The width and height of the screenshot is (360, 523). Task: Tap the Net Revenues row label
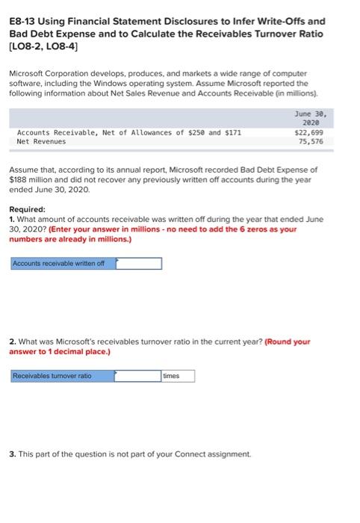[41, 141]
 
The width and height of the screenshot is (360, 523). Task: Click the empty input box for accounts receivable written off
[138, 262]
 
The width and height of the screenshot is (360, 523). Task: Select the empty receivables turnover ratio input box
[138, 376]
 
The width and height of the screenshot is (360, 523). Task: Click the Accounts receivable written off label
[58, 262]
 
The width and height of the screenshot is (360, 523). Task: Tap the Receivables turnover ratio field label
[52, 376]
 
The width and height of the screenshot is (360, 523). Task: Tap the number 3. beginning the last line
[12, 454]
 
